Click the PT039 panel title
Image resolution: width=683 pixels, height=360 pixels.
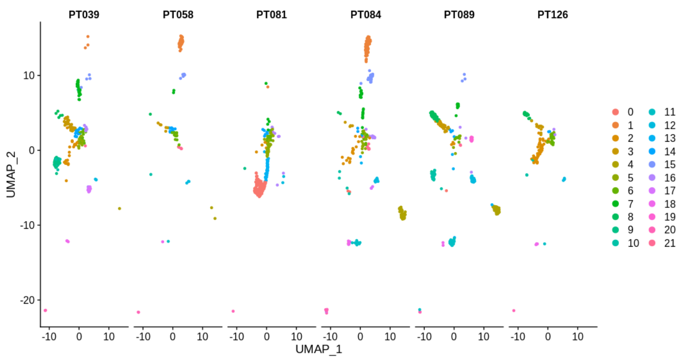(84, 15)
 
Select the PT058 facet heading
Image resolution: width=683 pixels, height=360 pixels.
(178, 15)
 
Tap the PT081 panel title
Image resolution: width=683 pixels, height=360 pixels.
(272, 15)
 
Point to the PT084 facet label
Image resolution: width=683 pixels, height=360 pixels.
(365, 15)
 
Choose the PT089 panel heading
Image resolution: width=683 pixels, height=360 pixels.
(459, 15)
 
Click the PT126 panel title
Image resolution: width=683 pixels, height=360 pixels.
(552, 15)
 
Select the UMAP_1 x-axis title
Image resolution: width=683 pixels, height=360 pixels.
(319, 350)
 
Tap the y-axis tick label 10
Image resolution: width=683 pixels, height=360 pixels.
(29, 75)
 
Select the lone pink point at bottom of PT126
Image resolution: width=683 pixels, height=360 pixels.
(513, 310)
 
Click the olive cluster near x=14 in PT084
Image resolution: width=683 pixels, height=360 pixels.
(402, 213)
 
